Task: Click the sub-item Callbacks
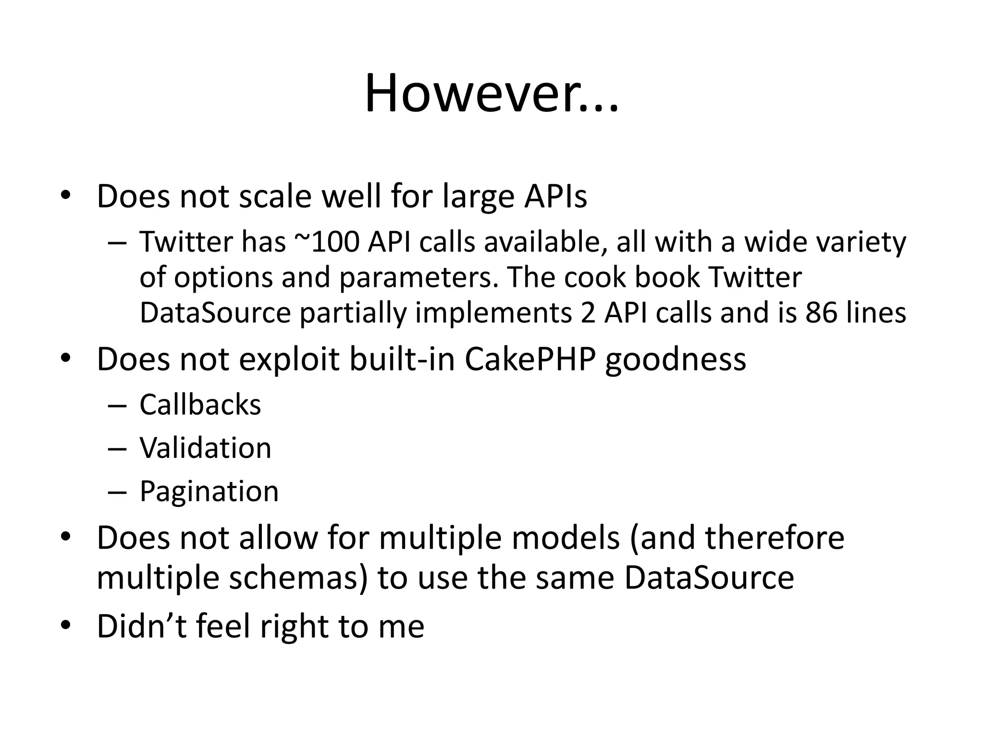coord(200,405)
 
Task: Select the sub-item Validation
coord(205,448)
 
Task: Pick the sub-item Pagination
coord(209,491)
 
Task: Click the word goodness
coord(676,359)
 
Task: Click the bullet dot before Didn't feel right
coord(66,626)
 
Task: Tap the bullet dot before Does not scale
coord(66,195)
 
